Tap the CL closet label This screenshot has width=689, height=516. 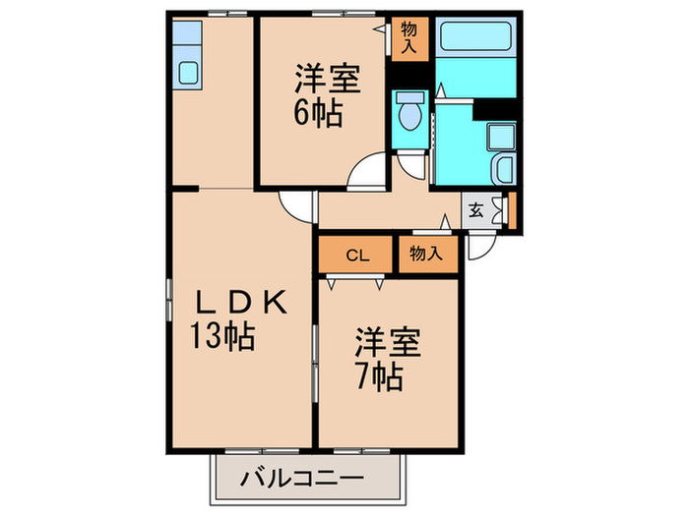pyautogui.click(x=356, y=256)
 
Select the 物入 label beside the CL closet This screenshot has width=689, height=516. pyautogui.click(x=425, y=254)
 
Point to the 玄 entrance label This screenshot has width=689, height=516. pyautogui.click(x=475, y=209)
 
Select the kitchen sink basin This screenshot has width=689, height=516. pyautogui.click(x=187, y=72)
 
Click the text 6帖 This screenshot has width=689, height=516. pyautogui.click(x=317, y=114)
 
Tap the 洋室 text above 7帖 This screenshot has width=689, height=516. pyautogui.click(x=388, y=344)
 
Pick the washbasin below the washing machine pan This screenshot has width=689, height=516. pyautogui.click(x=503, y=168)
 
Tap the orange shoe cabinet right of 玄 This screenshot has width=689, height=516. pyautogui.click(x=511, y=209)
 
